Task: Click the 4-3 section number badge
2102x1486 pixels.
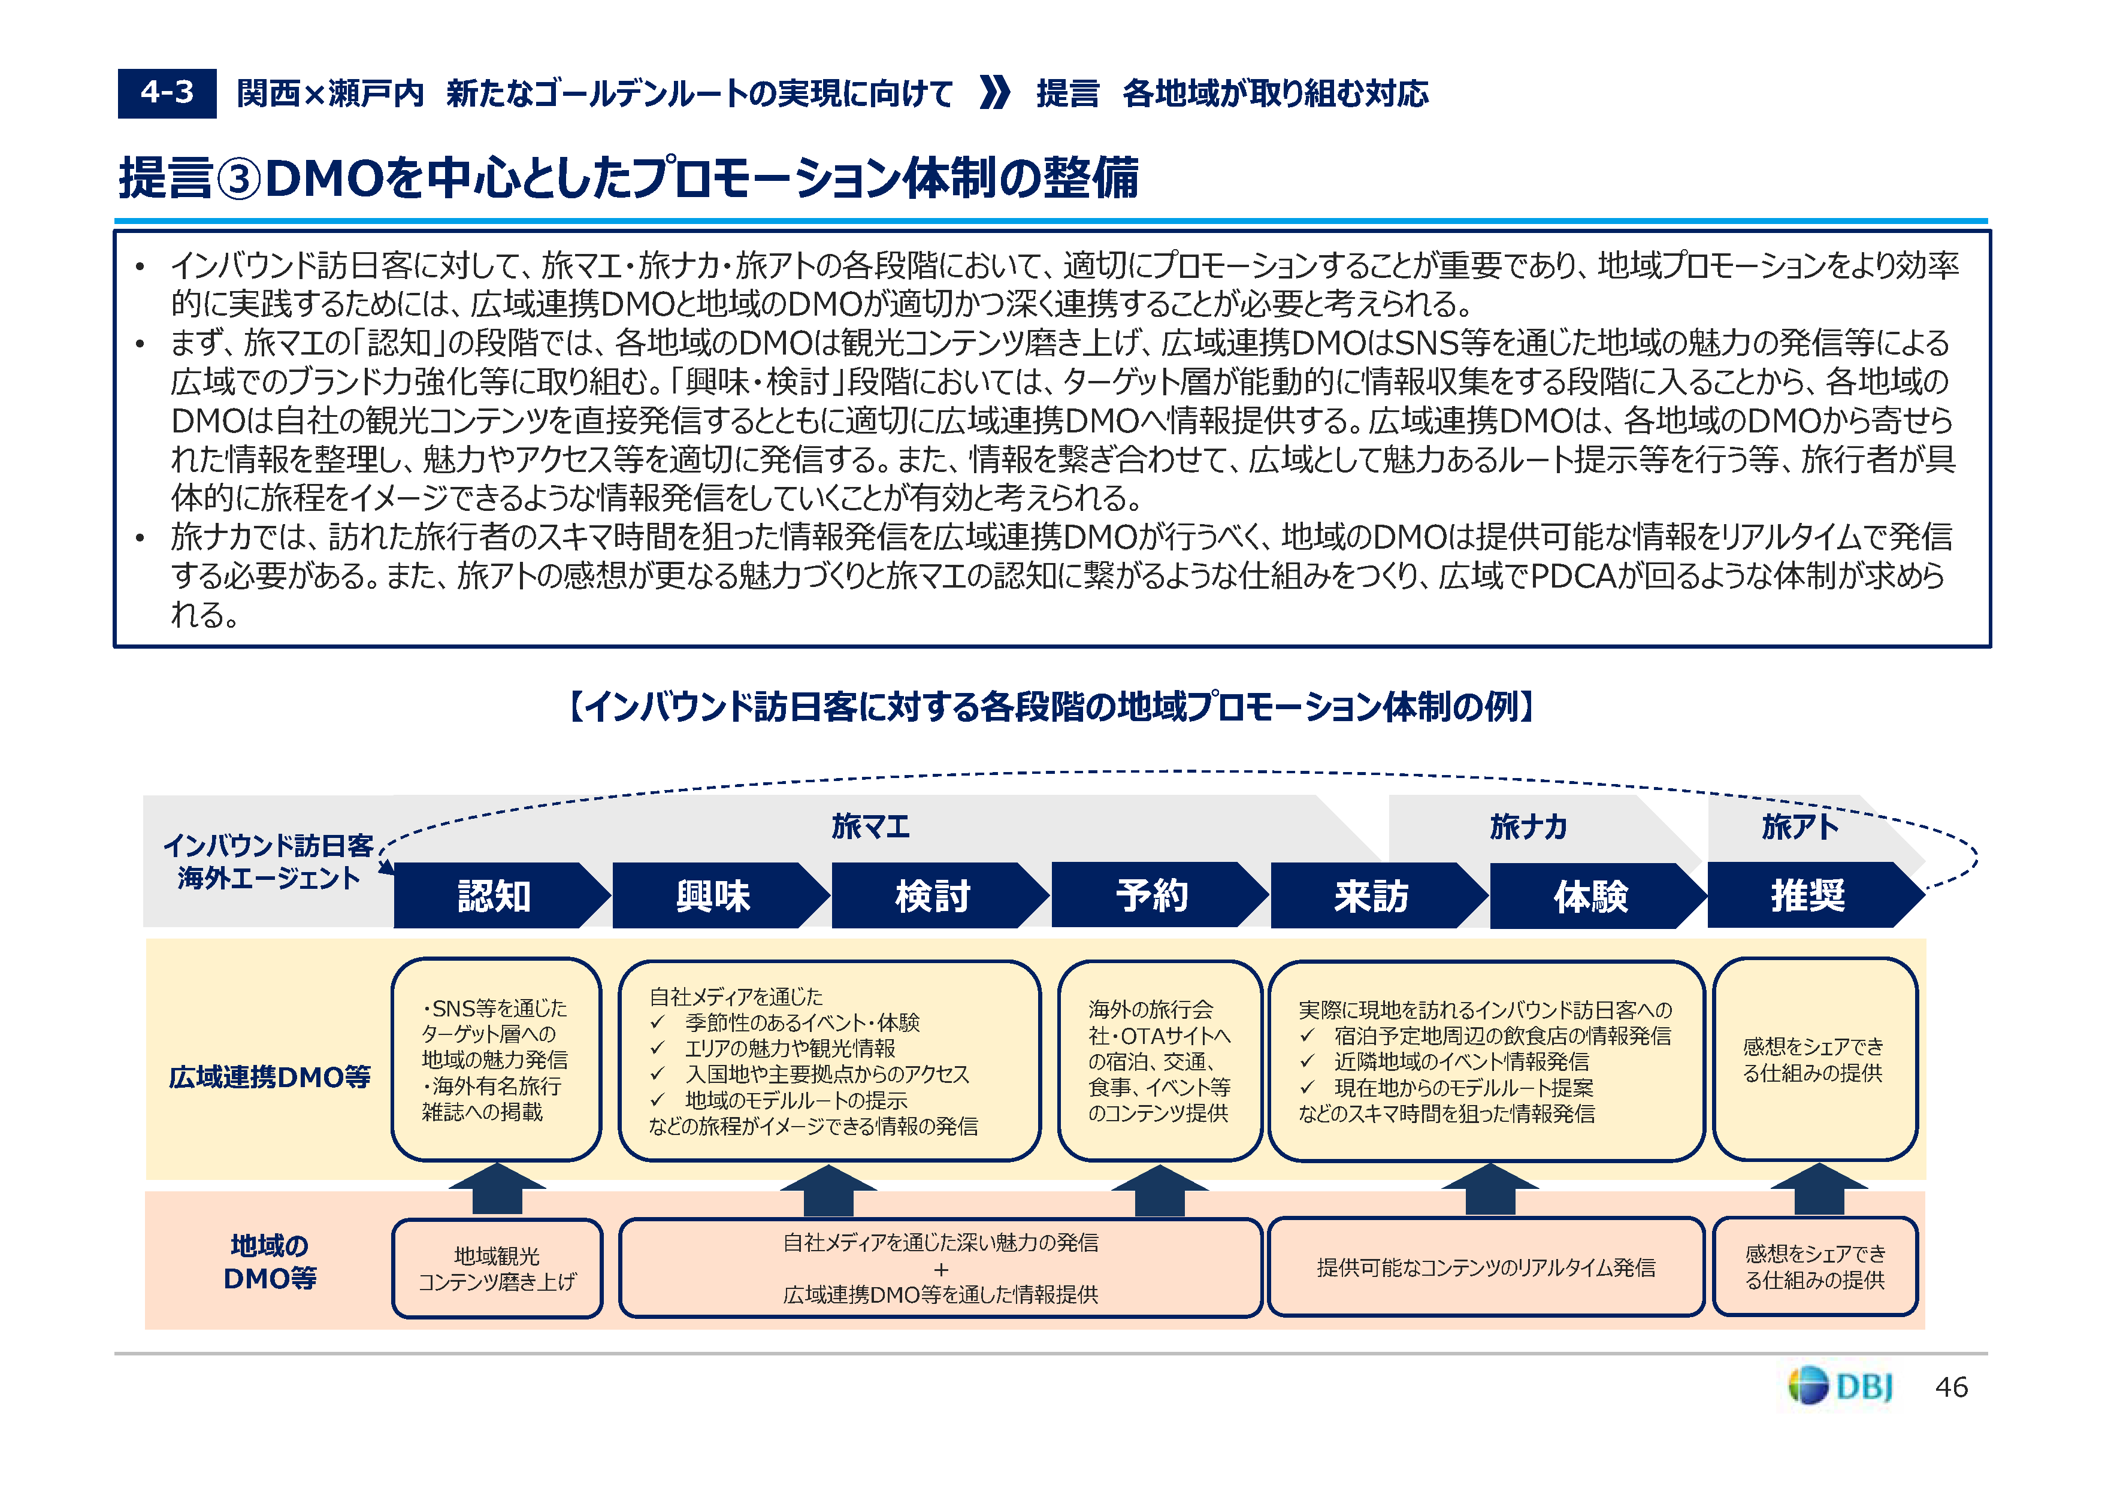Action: pyautogui.click(x=167, y=92)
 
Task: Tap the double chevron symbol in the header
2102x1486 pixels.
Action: pyautogui.click(x=994, y=92)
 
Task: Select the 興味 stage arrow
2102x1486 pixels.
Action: pyautogui.click(x=714, y=895)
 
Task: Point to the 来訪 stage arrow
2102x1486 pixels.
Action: pyautogui.click(x=1371, y=895)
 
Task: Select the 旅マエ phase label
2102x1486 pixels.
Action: pyautogui.click(x=870, y=827)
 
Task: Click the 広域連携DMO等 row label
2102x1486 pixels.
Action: pyautogui.click(x=269, y=1077)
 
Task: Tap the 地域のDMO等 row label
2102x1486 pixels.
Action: pyautogui.click(x=269, y=1261)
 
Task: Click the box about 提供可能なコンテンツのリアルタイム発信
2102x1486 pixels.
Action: pyautogui.click(x=1486, y=1267)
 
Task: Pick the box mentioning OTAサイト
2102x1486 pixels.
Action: pyautogui.click(x=1159, y=1060)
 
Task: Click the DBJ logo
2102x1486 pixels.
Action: pyautogui.click(x=1840, y=1386)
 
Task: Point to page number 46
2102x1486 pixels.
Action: pyautogui.click(x=1952, y=1387)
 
